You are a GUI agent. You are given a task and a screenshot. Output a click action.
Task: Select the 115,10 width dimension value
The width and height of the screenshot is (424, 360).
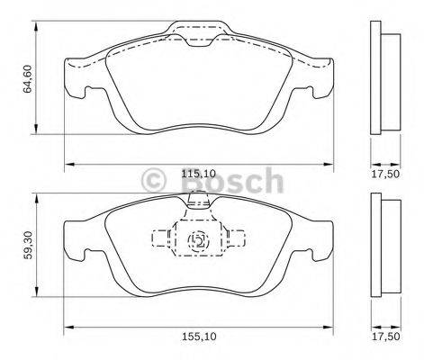click(x=199, y=174)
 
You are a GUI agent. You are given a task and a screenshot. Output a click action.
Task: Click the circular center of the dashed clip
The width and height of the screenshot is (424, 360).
click(x=199, y=240)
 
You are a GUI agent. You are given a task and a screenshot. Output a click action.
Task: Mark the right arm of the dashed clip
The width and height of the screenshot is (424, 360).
click(x=237, y=239)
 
